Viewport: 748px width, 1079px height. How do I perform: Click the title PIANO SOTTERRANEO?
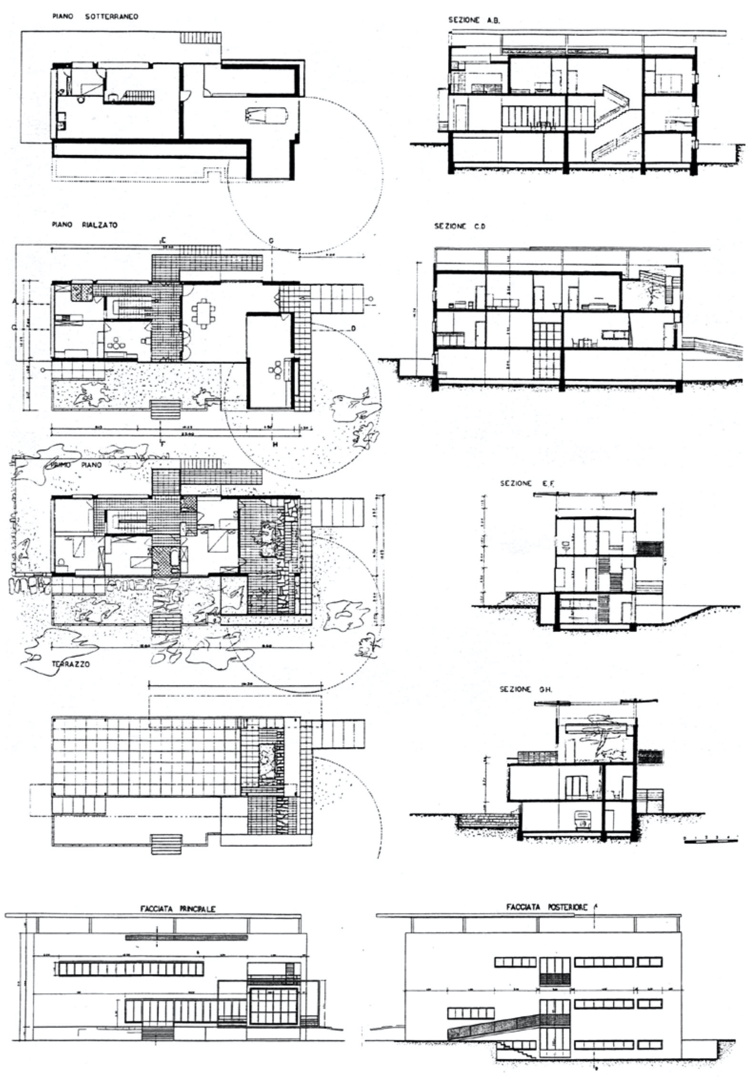coord(95,17)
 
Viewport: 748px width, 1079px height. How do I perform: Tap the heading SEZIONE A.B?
coord(469,21)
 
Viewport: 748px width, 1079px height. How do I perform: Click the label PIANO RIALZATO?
coord(84,225)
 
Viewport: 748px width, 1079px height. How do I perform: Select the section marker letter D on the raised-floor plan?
coord(354,328)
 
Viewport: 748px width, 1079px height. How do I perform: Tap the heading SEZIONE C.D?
coord(459,227)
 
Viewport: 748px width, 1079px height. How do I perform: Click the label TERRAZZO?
coord(72,664)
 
